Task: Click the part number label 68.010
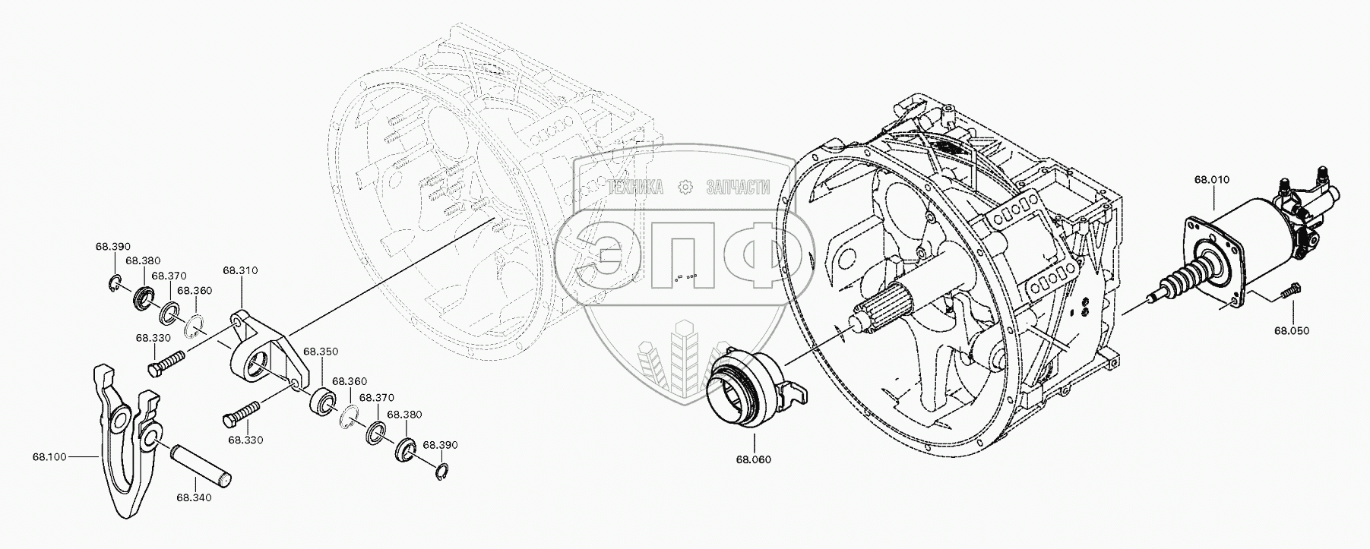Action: (x=1211, y=180)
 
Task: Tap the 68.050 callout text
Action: (x=1292, y=330)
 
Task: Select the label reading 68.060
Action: (x=753, y=459)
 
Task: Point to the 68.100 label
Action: (x=49, y=457)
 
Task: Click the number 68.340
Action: (x=194, y=498)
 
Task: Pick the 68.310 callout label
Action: (x=240, y=270)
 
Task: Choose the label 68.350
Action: (x=321, y=352)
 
